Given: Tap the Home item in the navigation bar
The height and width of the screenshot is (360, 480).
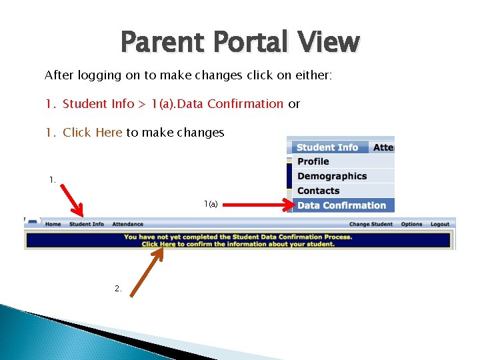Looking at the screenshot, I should coord(53,224).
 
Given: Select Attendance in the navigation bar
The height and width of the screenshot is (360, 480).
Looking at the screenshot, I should coord(127,224).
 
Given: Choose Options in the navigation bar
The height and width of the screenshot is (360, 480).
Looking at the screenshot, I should coord(411,224).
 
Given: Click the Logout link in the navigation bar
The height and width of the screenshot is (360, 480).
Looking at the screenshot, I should coord(440,224).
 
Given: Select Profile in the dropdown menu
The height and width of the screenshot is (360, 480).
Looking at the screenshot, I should coord(313,161).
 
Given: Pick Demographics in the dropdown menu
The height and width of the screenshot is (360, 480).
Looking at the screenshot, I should coord(332,176).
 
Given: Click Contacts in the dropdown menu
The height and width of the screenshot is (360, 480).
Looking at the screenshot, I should coord(318,191).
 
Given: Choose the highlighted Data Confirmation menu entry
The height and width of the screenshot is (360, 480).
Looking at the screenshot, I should coord(341,205).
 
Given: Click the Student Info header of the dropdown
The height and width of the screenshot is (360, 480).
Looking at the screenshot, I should coord(327,147).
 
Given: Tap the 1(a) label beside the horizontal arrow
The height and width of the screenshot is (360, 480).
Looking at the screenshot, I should coord(211,203).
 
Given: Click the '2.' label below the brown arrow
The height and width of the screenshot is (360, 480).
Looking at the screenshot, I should coord(118,289).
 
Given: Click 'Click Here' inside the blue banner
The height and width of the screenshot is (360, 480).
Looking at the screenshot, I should coord(159,244).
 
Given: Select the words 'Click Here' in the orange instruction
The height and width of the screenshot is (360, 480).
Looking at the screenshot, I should coord(92,133).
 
